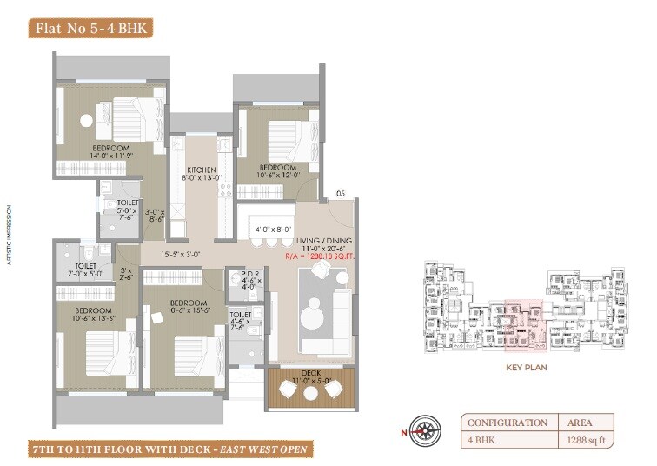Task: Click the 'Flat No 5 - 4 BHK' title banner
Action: (x=91, y=28)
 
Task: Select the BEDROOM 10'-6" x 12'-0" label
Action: (x=278, y=171)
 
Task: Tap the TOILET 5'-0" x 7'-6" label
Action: (x=115, y=210)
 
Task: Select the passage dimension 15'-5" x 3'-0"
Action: (x=180, y=255)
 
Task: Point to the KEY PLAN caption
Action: (x=525, y=368)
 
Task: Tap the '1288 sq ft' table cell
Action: (x=587, y=441)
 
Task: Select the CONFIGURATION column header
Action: (x=507, y=423)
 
